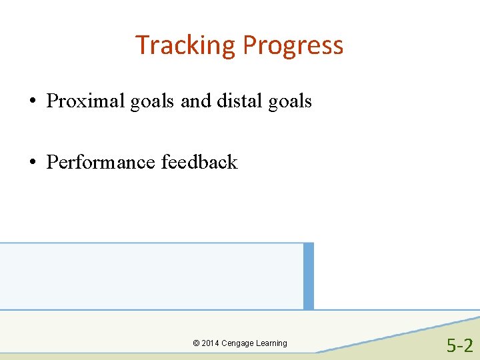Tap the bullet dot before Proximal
click(32, 102)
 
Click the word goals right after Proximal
click(150, 102)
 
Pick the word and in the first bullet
click(195, 101)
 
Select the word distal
click(239, 101)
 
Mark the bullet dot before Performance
click(32, 163)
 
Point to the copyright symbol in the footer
click(196, 343)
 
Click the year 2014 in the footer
click(210, 343)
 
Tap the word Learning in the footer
click(272, 343)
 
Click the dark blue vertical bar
click(308, 276)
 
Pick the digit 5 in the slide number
click(451, 345)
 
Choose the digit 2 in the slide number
click(468, 345)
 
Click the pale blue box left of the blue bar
click(151, 276)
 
